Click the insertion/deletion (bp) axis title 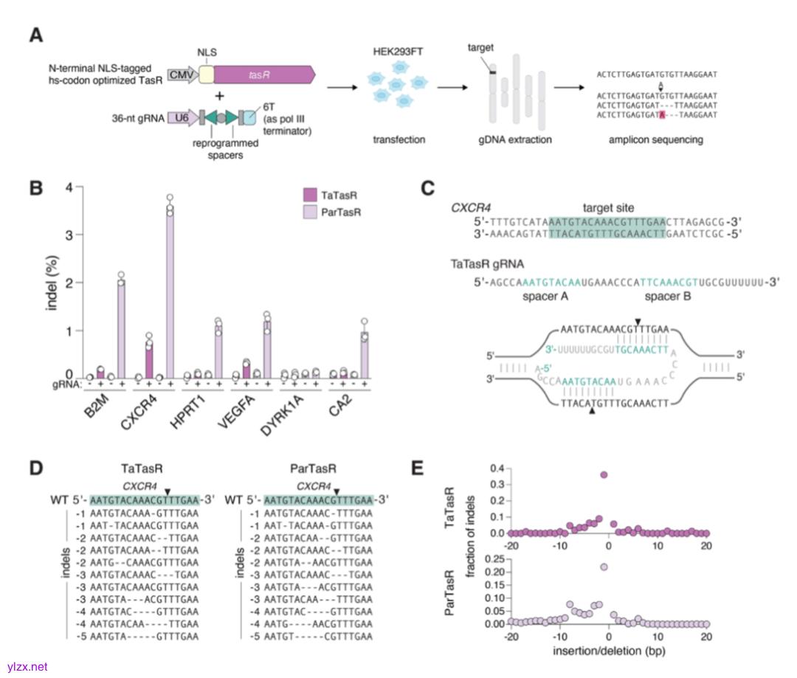607,652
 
